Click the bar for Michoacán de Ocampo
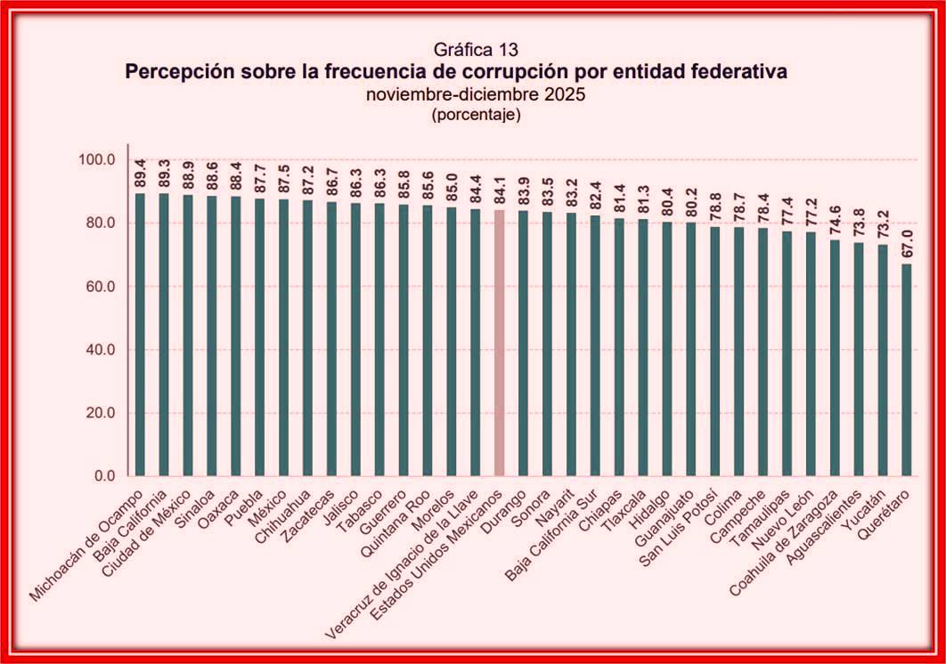[140, 335]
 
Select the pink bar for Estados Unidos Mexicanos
[500, 344]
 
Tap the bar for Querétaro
[907, 369]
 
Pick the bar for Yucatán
[883, 360]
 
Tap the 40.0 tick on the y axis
[100, 350]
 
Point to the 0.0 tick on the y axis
[104, 476]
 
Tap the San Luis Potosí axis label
[679, 528]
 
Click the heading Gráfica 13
[476, 49]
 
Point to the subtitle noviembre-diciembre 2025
[476, 94]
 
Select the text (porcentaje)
[476, 115]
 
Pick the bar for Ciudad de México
[188, 336]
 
